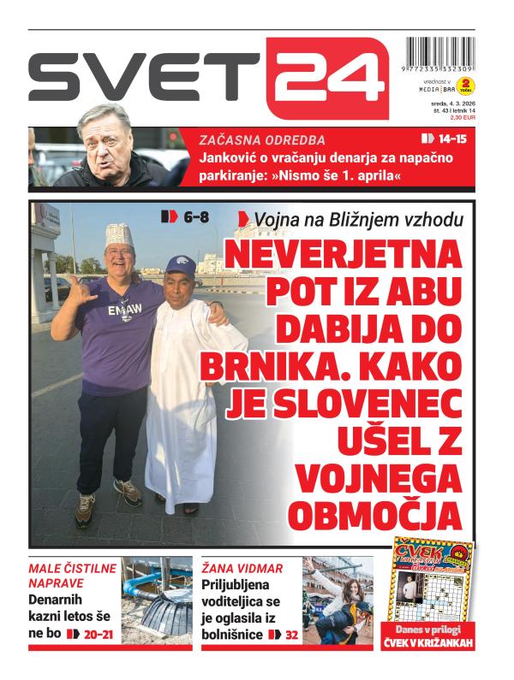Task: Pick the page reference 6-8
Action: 186,217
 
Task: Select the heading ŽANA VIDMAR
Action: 242,568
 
